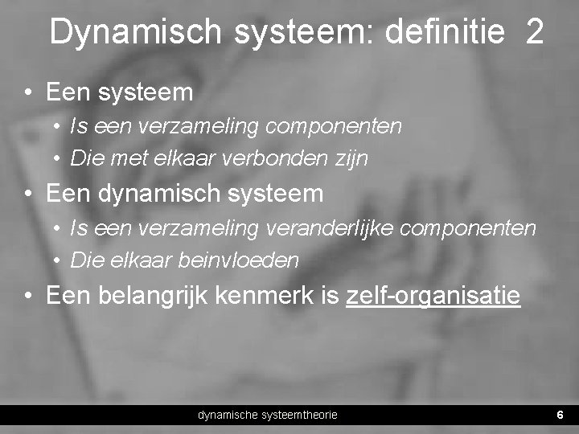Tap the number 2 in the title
tap(535, 32)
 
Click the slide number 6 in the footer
tap(560, 415)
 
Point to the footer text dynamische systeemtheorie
tap(268, 415)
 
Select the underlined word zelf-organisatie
tap(433, 297)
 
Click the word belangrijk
tap(166, 297)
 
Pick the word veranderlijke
tap(327, 229)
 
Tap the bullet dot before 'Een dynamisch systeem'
tap(28, 194)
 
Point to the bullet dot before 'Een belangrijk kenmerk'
tap(28, 297)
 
